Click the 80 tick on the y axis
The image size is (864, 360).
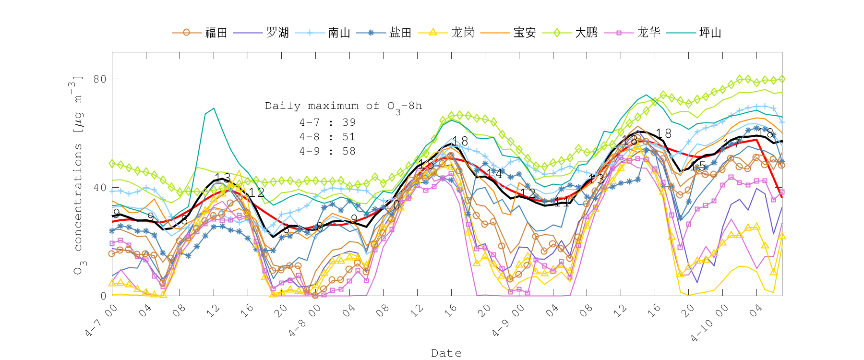point(100,79)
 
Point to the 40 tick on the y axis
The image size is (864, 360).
point(100,188)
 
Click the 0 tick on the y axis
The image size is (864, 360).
point(103,296)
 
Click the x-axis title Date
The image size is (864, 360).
point(446,353)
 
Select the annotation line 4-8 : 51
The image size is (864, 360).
point(327,137)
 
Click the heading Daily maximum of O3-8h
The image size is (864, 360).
point(344,106)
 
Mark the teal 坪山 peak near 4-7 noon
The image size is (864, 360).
point(214,108)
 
